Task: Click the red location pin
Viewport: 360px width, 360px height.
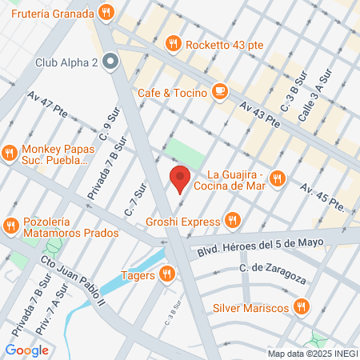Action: tap(180, 178)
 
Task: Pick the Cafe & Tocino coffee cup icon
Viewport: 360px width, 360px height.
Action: tap(220, 93)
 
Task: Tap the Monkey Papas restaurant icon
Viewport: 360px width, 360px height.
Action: tap(10, 153)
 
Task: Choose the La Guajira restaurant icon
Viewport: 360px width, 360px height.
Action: tap(278, 178)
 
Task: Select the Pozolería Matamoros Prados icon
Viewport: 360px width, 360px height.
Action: tap(10, 226)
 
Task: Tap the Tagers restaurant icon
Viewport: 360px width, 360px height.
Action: tap(166, 274)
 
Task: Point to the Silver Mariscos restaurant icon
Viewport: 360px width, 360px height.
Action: tap(302, 306)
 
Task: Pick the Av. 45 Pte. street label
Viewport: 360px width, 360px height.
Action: tap(322, 198)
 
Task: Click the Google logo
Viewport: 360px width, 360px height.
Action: tap(26, 350)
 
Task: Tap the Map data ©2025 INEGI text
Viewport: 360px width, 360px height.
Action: tap(313, 353)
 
